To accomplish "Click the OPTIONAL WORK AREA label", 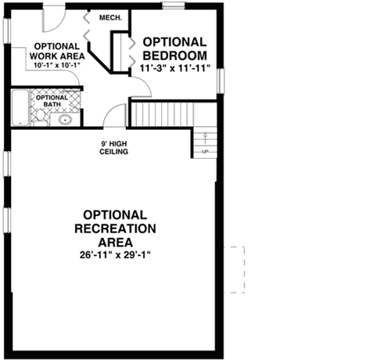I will (56, 51).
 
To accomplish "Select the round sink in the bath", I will (65, 121).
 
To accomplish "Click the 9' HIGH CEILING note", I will (114, 147).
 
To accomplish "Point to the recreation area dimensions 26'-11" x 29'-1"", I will (114, 255).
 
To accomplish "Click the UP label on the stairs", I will (206, 151).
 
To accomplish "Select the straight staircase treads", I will (161, 113).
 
